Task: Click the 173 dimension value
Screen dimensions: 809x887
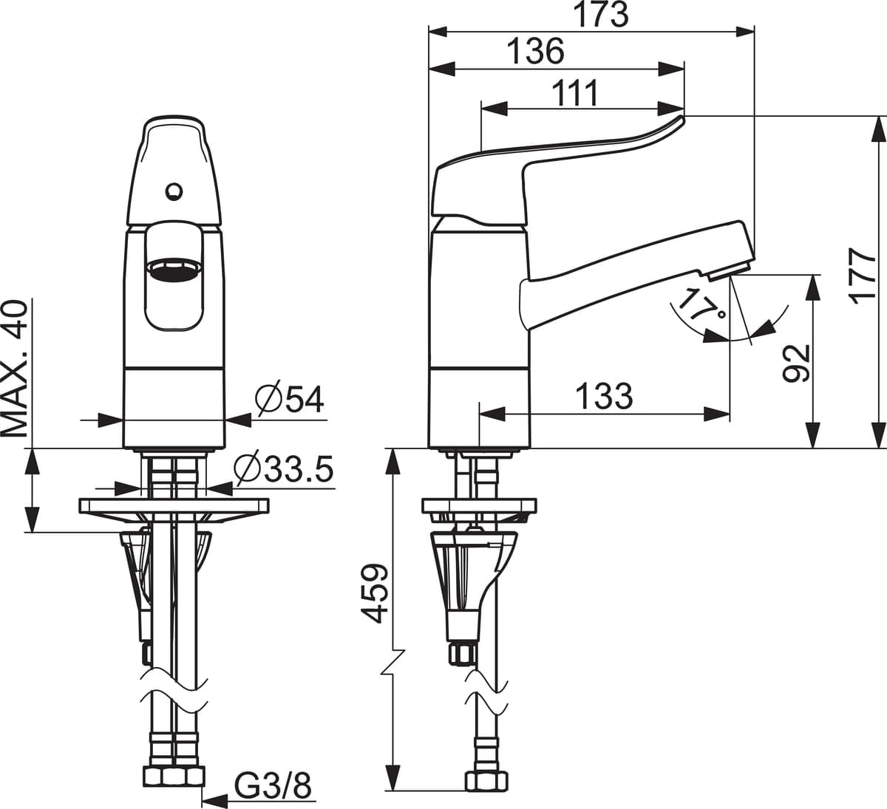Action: click(x=602, y=15)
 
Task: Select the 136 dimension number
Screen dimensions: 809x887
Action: click(x=536, y=52)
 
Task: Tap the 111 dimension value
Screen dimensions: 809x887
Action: click(x=576, y=94)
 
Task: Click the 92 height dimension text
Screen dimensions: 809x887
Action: click(x=796, y=363)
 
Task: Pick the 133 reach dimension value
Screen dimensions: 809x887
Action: click(x=604, y=397)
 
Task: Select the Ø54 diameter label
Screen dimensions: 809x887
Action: click(x=289, y=400)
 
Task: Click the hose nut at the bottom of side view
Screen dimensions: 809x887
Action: click(x=486, y=781)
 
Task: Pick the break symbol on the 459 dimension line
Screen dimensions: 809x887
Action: click(x=394, y=662)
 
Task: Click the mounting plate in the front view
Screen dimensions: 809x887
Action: click(x=174, y=506)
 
